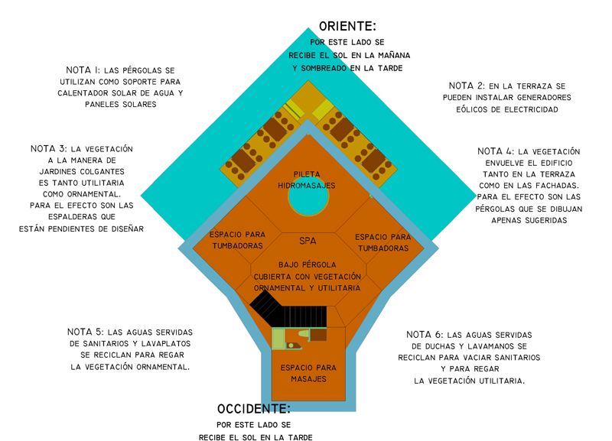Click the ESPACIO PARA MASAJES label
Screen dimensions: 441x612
(308, 373)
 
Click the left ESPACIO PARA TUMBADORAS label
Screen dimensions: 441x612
(236, 240)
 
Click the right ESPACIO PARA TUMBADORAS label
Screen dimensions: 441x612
(382, 242)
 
